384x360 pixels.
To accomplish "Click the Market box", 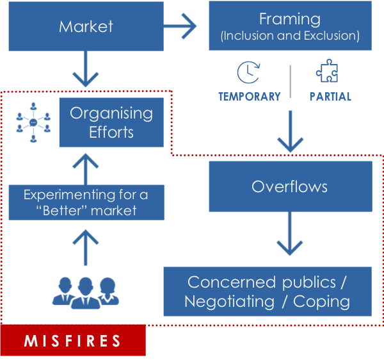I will (x=86, y=26).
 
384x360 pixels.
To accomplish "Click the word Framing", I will (x=290, y=19).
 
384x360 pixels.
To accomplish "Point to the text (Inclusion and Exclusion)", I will (x=290, y=36).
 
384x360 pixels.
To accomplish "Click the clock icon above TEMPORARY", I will (x=248, y=72).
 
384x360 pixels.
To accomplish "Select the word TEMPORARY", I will (x=250, y=97).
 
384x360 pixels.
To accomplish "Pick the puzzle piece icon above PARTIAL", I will (x=328, y=72).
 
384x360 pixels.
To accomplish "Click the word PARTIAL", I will (x=330, y=97).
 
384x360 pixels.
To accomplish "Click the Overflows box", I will (x=290, y=186).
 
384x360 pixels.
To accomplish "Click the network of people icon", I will (x=33, y=122).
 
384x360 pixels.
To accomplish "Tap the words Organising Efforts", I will (x=111, y=122).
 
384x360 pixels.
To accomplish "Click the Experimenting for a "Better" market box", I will (x=86, y=202).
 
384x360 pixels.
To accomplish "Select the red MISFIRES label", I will (x=73, y=340).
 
